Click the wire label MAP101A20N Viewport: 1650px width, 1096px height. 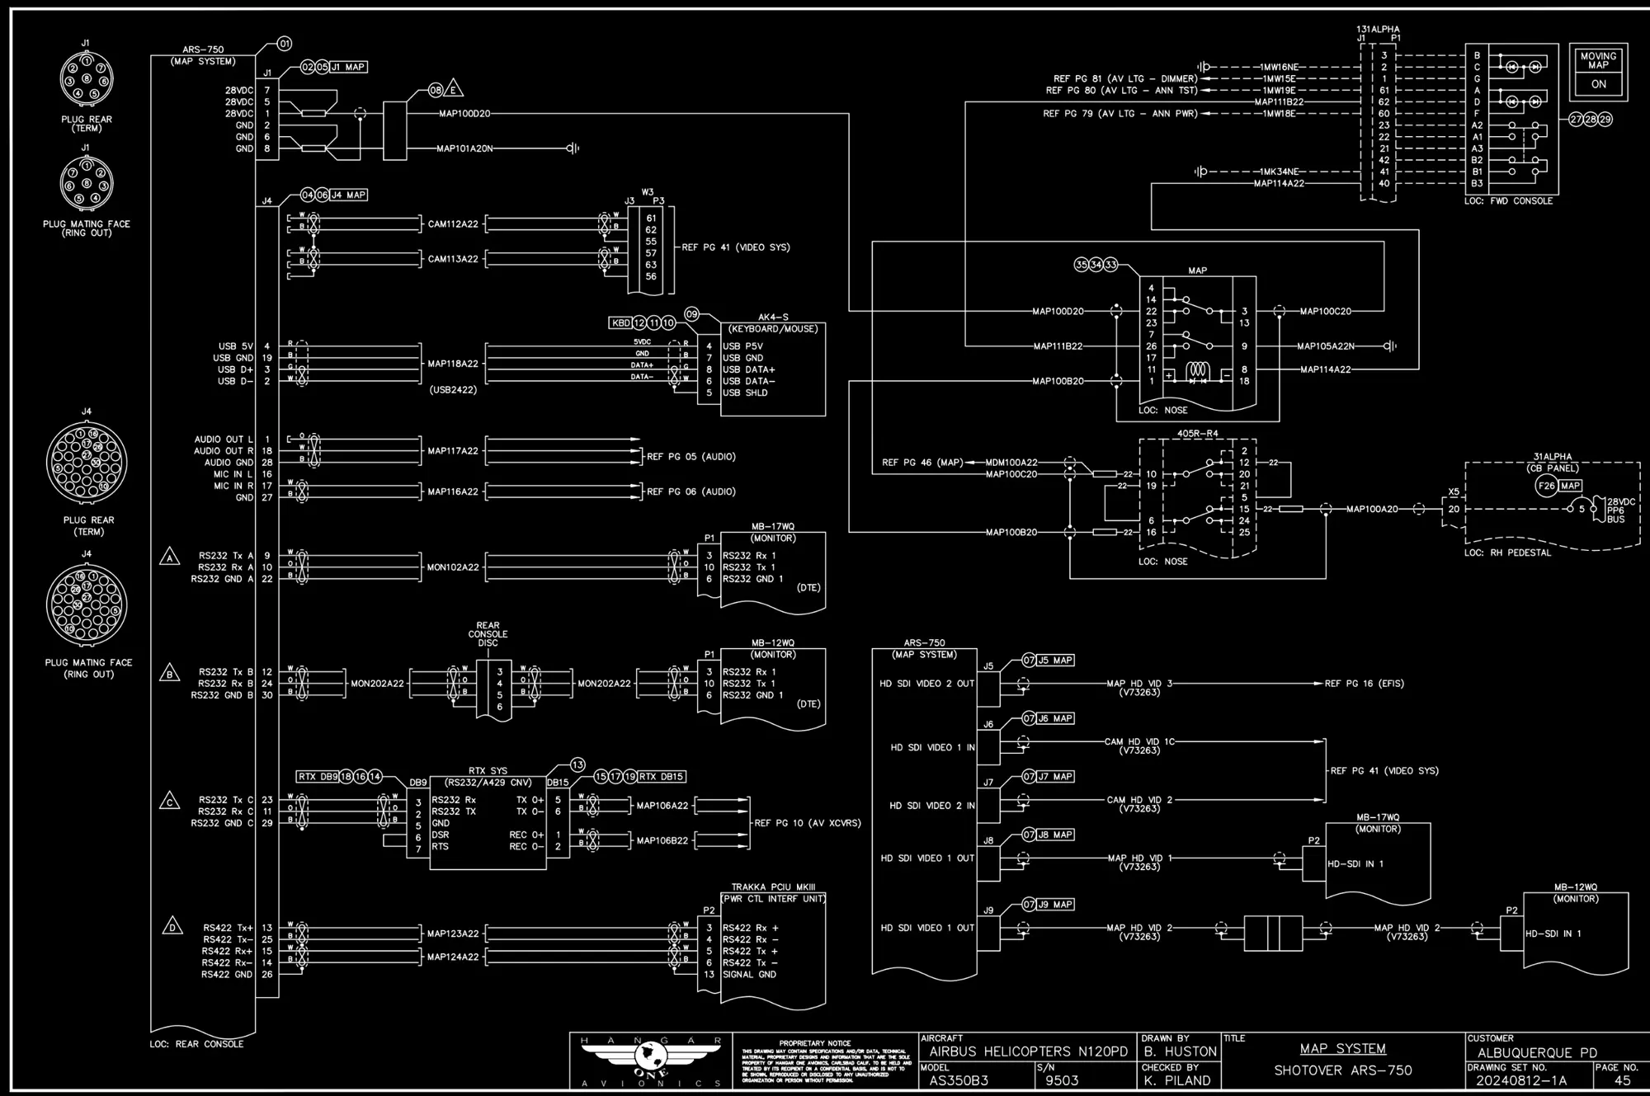click(x=464, y=148)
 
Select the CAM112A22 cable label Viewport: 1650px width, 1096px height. click(x=453, y=223)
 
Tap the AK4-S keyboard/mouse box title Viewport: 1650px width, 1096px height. click(x=773, y=318)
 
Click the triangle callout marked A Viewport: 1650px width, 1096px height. click(x=169, y=557)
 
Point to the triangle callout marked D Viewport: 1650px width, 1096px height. click(x=172, y=926)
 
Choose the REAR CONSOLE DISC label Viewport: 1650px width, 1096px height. click(x=488, y=634)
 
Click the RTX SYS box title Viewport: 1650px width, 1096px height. click(x=488, y=771)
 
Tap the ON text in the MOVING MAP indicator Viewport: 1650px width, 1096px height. click(x=1598, y=84)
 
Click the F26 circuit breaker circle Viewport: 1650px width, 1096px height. click(x=1546, y=486)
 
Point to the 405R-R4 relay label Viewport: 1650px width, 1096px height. click(x=1197, y=434)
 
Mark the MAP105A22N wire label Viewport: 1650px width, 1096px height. click(x=1325, y=346)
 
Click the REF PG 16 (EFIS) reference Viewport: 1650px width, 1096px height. click(x=1364, y=684)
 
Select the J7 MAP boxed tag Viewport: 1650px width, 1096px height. click(x=1054, y=777)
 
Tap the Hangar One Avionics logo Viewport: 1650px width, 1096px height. click(x=651, y=1060)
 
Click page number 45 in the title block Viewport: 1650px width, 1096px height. click(x=1622, y=1080)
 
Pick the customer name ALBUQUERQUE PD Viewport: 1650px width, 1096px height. click(x=1537, y=1053)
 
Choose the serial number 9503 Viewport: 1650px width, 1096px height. click(x=1061, y=1080)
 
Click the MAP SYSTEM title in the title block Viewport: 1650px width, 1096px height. click(x=1342, y=1049)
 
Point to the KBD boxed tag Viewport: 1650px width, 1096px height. click(x=620, y=323)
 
